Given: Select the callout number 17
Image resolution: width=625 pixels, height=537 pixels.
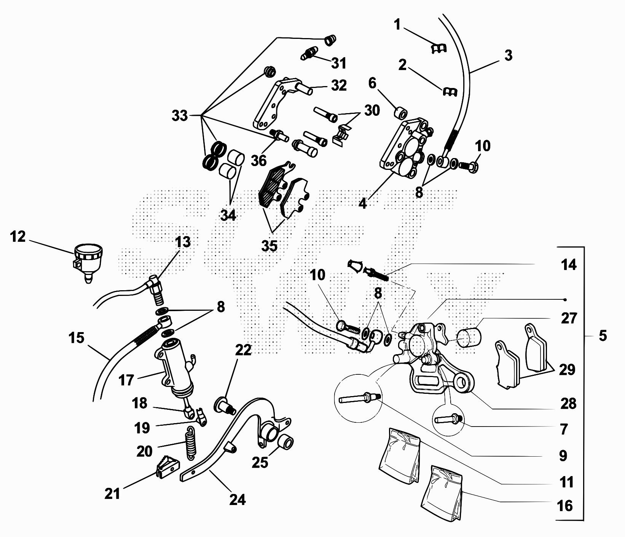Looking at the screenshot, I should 126,380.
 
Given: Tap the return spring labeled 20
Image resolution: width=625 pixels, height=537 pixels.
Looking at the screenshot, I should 190,443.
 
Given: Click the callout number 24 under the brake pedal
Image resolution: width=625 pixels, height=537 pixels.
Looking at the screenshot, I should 238,499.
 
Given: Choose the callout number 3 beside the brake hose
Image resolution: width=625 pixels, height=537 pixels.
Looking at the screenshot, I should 508,55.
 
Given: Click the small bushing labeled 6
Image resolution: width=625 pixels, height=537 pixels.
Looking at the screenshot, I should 400,113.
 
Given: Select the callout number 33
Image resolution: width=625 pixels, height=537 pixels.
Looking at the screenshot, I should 180,115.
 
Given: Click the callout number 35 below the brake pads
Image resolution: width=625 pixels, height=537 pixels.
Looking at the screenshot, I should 269,246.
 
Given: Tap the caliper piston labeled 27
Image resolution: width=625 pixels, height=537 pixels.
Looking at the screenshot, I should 469,338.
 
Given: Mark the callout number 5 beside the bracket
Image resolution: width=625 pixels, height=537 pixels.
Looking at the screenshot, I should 603,336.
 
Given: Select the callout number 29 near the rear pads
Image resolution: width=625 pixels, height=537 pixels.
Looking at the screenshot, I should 567,369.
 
